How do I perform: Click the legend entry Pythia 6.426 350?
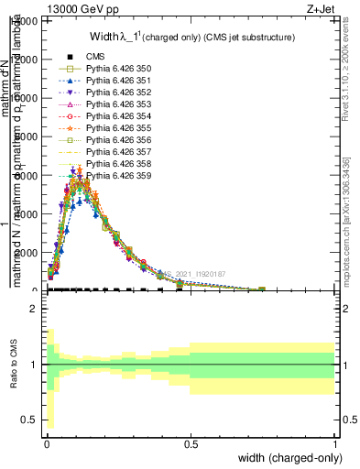point(112,69)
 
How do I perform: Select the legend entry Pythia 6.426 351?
point(112,81)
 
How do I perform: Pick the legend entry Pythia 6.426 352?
point(112,93)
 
